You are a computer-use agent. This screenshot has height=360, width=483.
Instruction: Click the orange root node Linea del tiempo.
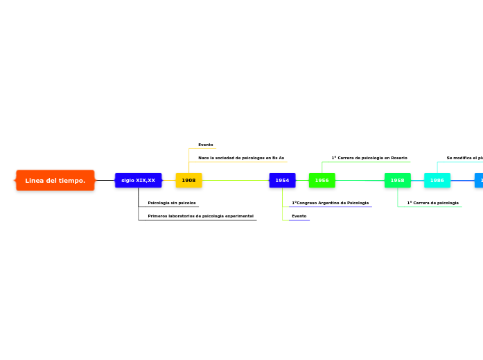pyautogui.click(x=55, y=181)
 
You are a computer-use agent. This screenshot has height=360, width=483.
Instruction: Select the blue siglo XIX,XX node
pyautogui.click(x=138, y=181)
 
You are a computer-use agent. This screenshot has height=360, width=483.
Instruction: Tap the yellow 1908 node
pyautogui.click(x=188, y=181)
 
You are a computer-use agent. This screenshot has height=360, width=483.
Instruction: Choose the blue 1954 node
pyautogui.click(x=282, y=181)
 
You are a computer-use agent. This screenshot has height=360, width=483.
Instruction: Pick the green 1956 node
pyautogui.click(x=322, y=181)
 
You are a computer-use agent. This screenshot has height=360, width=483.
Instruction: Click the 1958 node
pyautogui.click(x=397, y=181)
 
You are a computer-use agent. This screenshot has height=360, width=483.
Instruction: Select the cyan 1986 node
pyautogui.click(x=437, y=181)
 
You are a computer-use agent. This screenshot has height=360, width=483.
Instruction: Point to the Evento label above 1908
pyautogui.click(x=205, y=145)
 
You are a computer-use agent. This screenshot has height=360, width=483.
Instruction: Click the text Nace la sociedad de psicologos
pyautogui.click(x=240, y=158)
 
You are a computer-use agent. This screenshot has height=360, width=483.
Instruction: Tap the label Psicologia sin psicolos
pyautogui.click(x=171, y=203)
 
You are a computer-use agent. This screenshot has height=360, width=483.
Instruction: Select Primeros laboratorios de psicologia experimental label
pyautogui.click(x=200, y=216)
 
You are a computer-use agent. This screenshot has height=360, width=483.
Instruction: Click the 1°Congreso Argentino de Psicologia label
pyautogui.click(x=330, y=203)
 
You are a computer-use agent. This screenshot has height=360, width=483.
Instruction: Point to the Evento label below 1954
pyautogui.click(x=299, y=216)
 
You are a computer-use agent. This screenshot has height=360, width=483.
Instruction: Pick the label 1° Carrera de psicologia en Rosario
pyautogui.click(x=369, y=158)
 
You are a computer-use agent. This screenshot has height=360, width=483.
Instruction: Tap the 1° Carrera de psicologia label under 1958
pyautogui.click(x=432, y=203)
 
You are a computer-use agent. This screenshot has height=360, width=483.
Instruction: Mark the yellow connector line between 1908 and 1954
pyautogui.click(x=236, y=181)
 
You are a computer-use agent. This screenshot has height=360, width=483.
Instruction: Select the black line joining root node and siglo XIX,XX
pyautogui.click(x=105, y=181)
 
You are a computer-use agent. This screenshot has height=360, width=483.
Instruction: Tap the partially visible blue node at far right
pyautogui.click(x=479, y=181)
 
